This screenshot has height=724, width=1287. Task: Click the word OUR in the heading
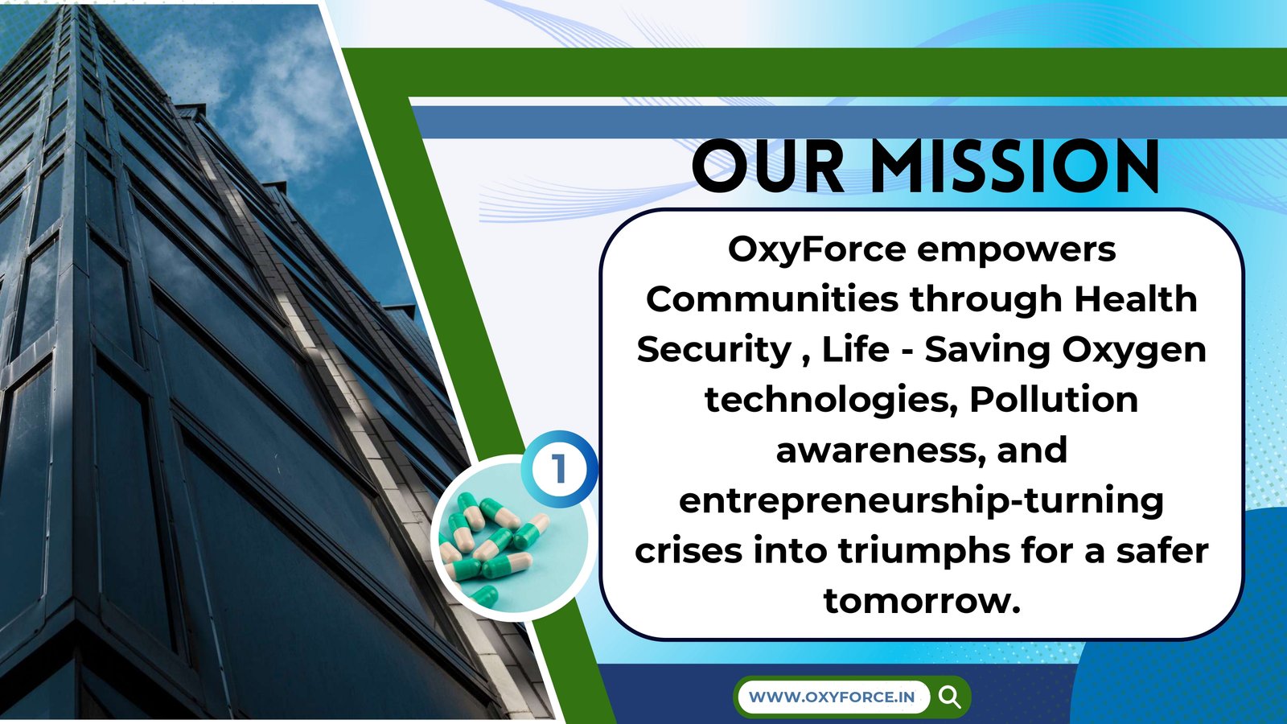[x=769, y=166]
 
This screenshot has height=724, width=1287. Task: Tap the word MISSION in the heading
[x=1014, y=166]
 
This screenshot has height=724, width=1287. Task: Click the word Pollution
[x=1054, y=399]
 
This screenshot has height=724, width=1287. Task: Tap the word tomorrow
[x=922, y=600]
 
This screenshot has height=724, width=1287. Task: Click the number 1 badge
[x=559, y=469]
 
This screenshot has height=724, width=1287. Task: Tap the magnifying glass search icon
[x=949, y=697]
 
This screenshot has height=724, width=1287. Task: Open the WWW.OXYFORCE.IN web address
[x=832, y=697]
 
